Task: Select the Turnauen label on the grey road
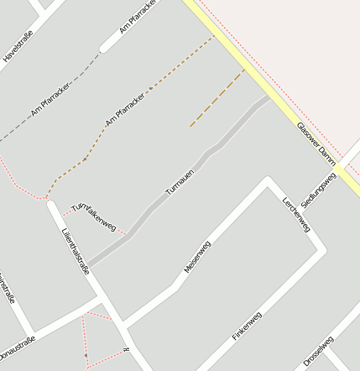click(x=180, y=180)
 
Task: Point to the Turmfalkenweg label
click(x=93, y=216)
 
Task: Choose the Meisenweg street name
click(x=197, y=257)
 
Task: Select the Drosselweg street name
click(x=319, y=352)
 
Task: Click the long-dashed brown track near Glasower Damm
click(x=217, y=99)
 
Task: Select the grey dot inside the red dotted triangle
click(x=86, y=357)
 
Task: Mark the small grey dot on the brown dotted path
click(x=150, y=88)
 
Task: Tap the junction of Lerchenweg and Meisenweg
click(x=268, y=180)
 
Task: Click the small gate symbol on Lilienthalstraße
click(x=125, y=349)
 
